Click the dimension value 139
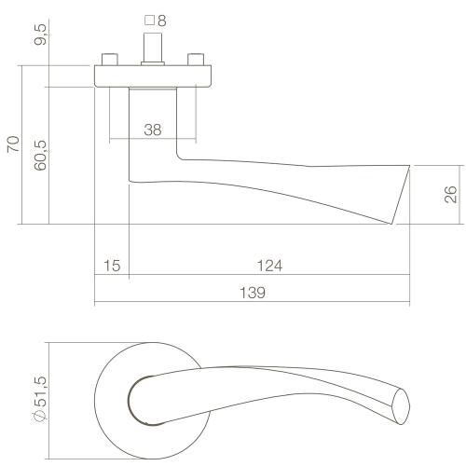click(x=252, y=293)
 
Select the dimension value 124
click(x=268, y=267)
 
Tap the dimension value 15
click(x=111, y=267)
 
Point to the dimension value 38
click(x=154, y=130)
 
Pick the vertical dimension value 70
click(x=12, y=144)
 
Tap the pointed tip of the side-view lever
click(x=388, y=221)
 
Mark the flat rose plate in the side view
click(x=154, y=75)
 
